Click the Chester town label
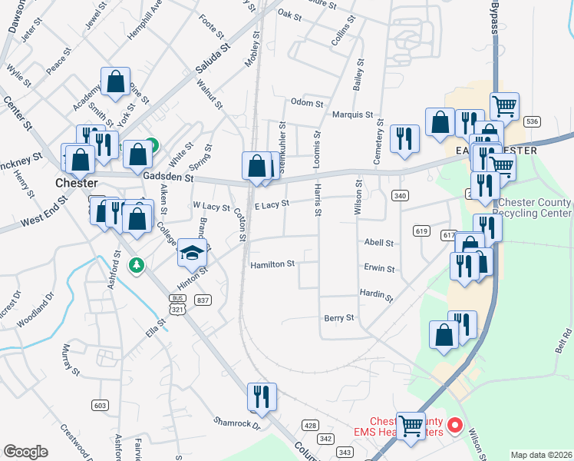[76, 184]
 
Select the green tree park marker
[137, 265]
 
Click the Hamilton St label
[272, 264]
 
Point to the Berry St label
[339, 317]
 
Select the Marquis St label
[352, 115]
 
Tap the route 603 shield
[100, 405]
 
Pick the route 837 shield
[203, 300]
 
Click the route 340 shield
[399, 196]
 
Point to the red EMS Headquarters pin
[454, 424]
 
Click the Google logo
[25, 452]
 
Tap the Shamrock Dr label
[237, 423]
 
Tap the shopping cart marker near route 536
[504, 105]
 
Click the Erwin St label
[379, 270]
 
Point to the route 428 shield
[310, 425]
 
